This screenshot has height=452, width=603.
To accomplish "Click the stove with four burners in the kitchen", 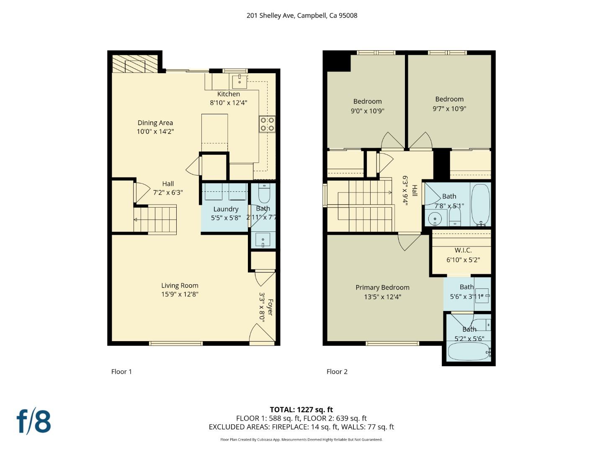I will point(267,124).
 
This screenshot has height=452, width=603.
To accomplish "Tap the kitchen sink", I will point(240,80).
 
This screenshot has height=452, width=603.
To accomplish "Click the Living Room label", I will point(180,285).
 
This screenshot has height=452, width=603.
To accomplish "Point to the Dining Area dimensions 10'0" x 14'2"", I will point(155,131).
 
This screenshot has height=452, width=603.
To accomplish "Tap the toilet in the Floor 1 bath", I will point(264,194).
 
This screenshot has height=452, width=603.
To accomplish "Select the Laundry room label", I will point(226,209).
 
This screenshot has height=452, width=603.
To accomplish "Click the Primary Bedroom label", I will point(382,287).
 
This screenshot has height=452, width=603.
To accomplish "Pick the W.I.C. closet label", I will point(463,250).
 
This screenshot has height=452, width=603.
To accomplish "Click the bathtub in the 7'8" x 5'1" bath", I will point(480,204).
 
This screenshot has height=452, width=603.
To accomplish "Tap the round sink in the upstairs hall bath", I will point(435,218).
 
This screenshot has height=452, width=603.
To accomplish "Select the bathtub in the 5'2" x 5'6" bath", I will point(468,352).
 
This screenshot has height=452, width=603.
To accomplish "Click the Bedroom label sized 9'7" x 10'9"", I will point(449,99).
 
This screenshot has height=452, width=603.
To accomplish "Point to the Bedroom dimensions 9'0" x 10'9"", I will point(367,111).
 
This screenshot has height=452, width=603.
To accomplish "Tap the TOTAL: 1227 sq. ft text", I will point(301,409).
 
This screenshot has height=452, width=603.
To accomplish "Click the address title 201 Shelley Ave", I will point(301,15).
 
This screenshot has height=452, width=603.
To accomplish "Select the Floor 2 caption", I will point(337,372).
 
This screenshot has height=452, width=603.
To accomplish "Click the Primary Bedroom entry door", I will point(408,241).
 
